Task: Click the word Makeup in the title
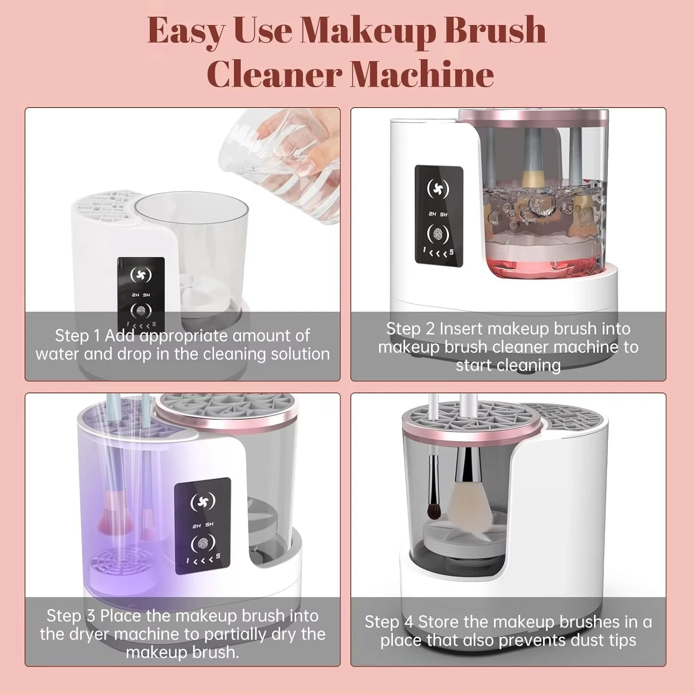(369, 31)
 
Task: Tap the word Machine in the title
(422, 74)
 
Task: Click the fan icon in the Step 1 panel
(141, 275)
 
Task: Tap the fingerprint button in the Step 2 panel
(438, 234)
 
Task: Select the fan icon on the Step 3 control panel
(203, 501)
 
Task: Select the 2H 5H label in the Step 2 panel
(438, 214)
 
